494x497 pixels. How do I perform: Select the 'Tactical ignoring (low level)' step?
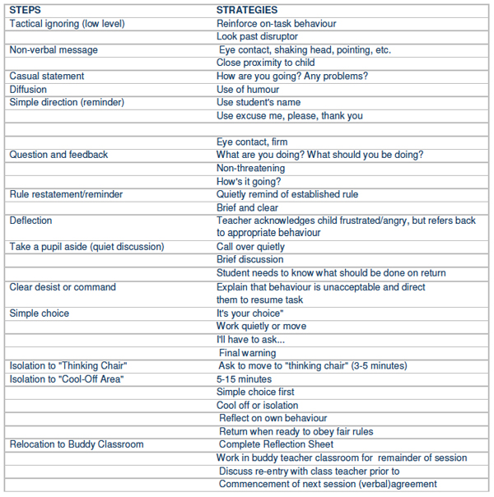click(x=67, y=23)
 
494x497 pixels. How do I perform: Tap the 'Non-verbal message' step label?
click(x=54, y=49)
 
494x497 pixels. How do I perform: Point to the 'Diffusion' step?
click(x=28, y=89)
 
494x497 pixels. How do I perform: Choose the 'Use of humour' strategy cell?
click(x=248, y=89)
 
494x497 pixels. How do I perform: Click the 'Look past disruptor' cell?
click(x=257, y=36)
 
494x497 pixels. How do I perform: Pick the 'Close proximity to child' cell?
click(x=265, y=63)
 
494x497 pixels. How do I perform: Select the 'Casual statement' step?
click(x=46, y=76)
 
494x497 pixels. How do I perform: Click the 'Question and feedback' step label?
click(x=58, y=155)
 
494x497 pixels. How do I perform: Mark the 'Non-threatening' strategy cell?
click(x=250, y=168)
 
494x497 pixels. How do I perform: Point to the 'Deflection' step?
click(x=30, y=221)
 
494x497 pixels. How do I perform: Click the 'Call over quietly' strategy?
click(x=250, y=247)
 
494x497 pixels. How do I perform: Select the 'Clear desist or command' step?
click(x=63, y=286)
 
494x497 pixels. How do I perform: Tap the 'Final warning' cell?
click(x=247, y=352)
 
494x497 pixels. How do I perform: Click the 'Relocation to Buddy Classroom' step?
click(x=76, y=444)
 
